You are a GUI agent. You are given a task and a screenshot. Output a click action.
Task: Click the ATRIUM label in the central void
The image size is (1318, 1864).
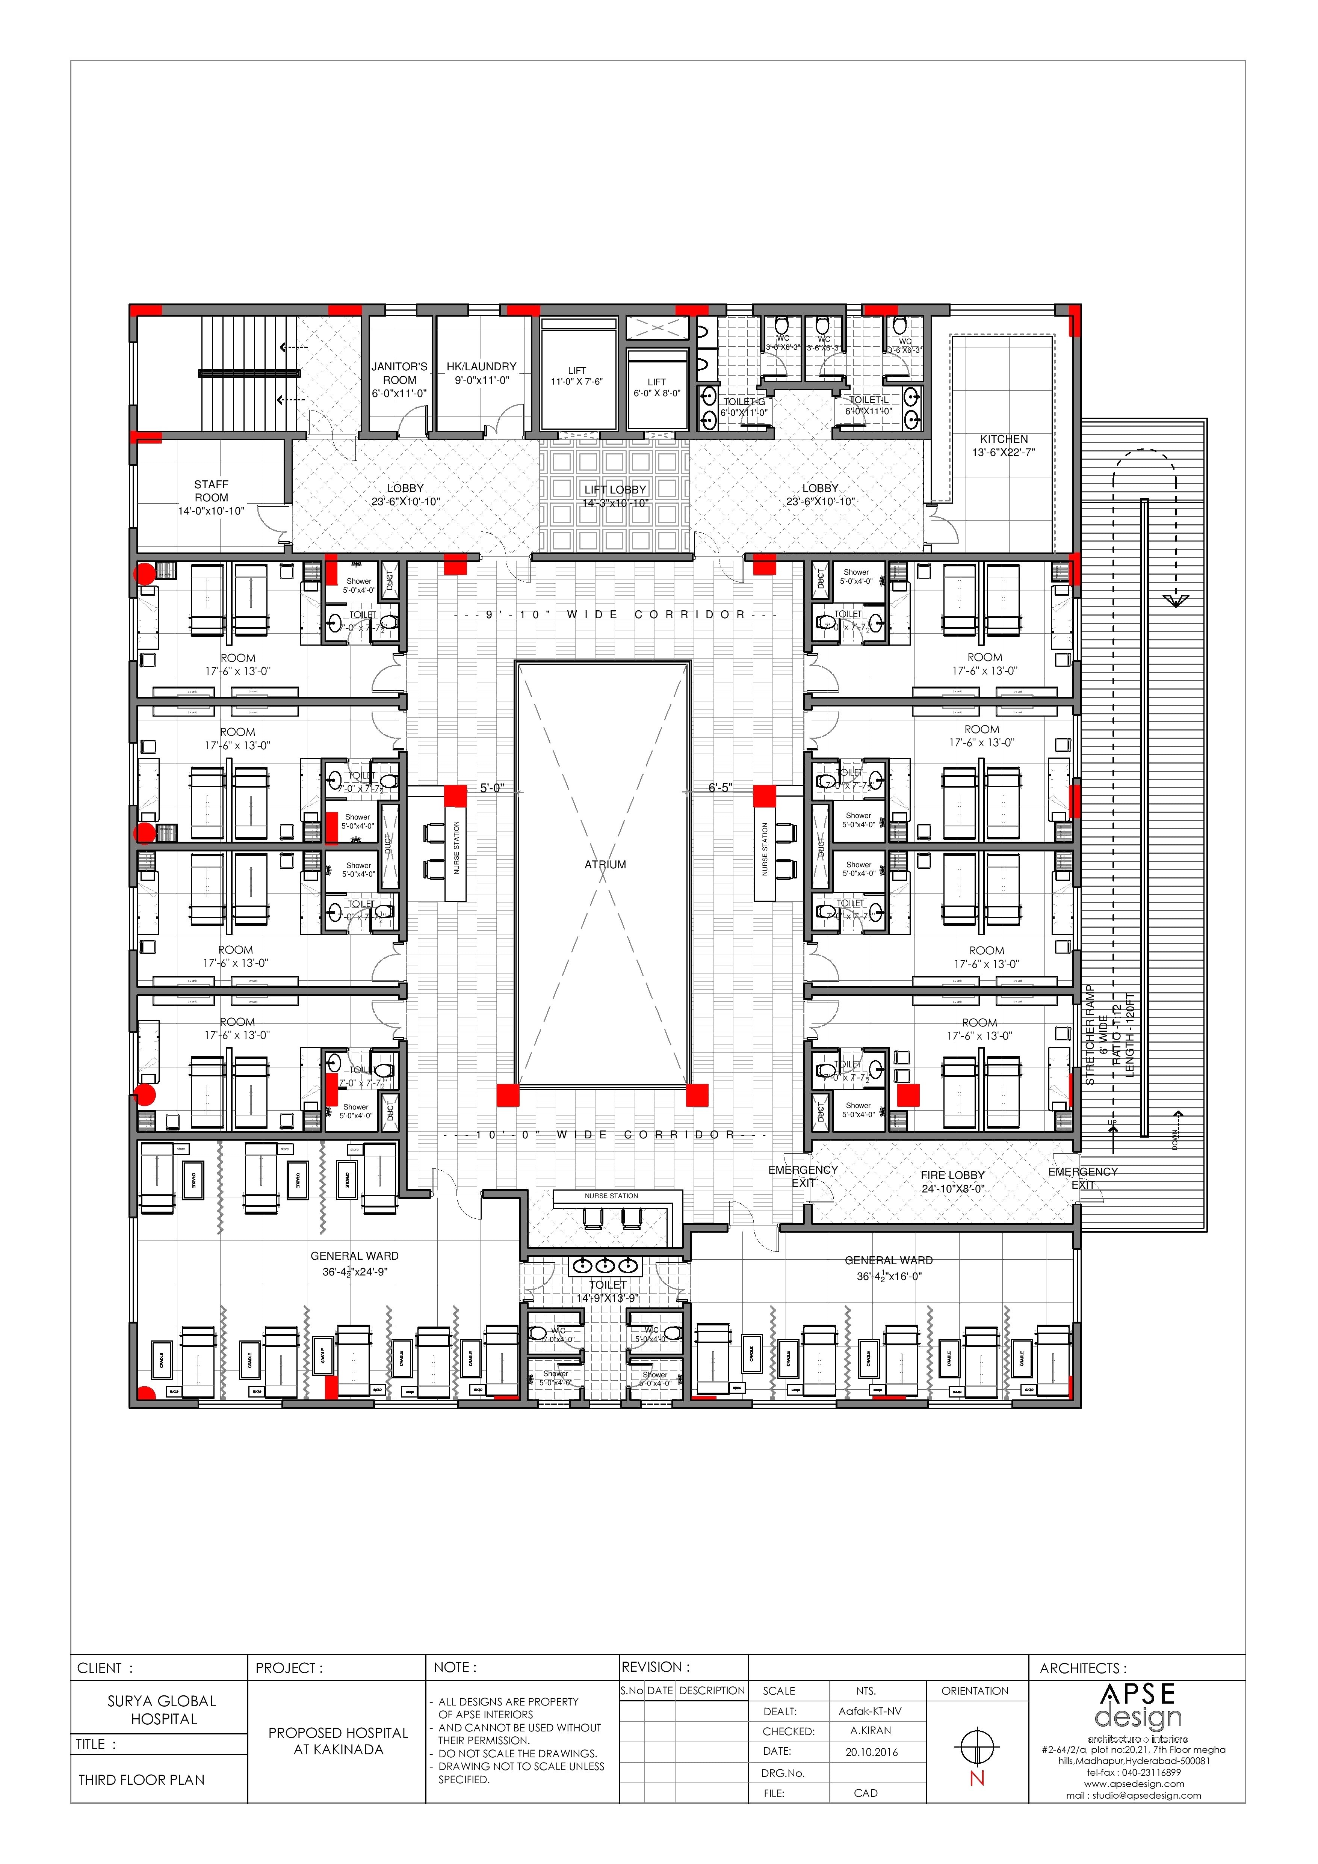(605, 865)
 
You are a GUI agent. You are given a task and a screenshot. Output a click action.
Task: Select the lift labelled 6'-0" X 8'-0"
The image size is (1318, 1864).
(657, 387)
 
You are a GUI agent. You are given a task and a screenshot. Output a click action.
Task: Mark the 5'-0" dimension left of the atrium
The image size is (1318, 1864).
(492, 788)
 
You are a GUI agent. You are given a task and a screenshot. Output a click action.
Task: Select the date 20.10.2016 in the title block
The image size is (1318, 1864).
(871, 1752)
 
